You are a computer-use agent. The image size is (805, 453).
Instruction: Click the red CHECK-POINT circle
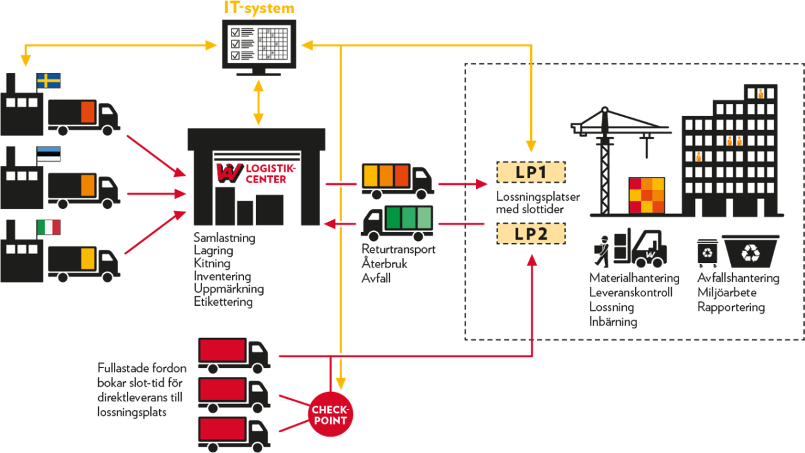click(x=330, y=415)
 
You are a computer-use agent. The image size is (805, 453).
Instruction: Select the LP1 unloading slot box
click(x=531, y=172)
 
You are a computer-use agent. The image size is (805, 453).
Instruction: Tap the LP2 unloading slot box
click(x=531, y=233)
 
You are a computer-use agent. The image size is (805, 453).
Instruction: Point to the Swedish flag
click(x=48, y=81)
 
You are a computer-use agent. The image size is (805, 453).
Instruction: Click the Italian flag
click(x=48, y=227)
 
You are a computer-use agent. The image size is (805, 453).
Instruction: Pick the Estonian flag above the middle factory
click(x=48, y=154)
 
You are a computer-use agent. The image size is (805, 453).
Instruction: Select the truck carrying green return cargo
click(x=397, y=221)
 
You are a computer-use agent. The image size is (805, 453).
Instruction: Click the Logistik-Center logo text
click(x=264, y=172)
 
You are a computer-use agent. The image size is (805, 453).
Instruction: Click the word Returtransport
click(x=398, y=249)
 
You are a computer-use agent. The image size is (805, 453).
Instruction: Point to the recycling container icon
click(x=750, y=252)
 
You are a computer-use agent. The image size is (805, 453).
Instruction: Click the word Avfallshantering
click(x=738, y=277)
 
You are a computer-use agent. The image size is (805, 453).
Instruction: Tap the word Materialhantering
click(x=634, y=277)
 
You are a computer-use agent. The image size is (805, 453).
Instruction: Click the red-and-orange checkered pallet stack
click(x=647, y=196)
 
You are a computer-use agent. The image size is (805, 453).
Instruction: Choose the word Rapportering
click(x=731, y=308)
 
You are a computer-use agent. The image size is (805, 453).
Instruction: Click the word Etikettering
click(x=223, y=302)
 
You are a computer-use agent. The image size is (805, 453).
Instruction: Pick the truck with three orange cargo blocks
click(x=396, y=179)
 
